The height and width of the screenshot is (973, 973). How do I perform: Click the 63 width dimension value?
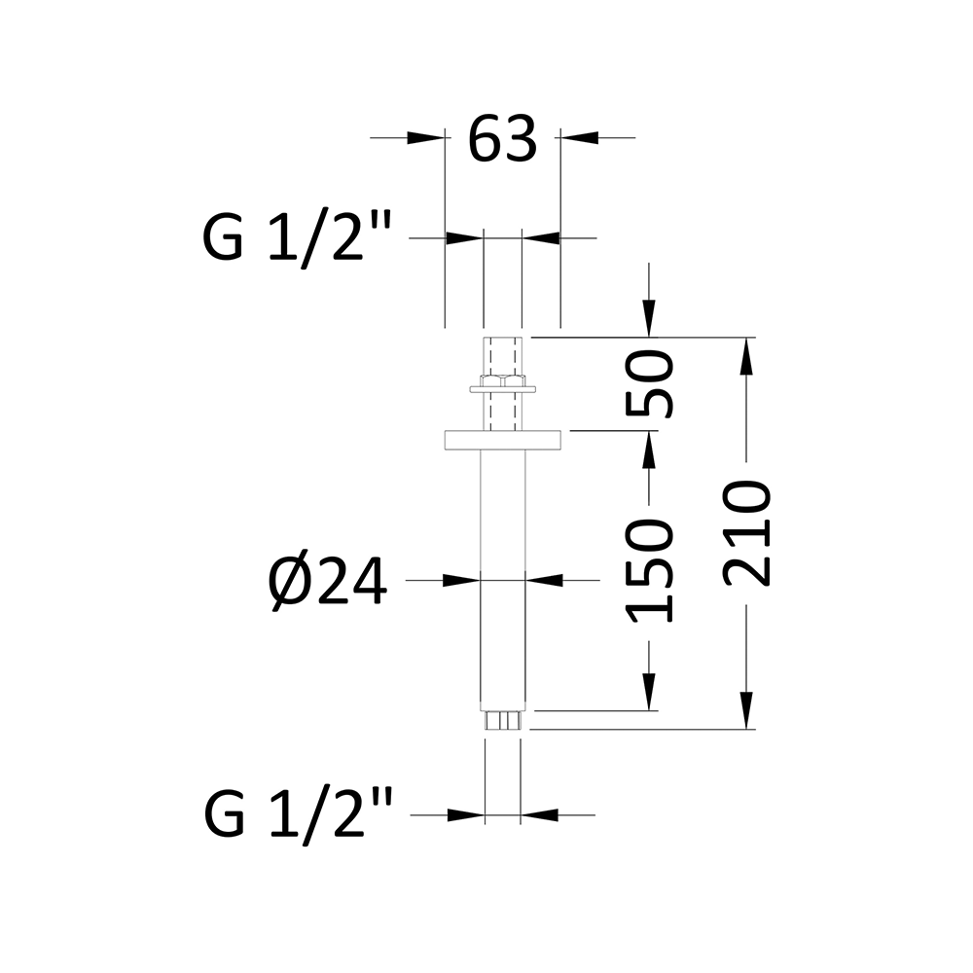tap(502, 139)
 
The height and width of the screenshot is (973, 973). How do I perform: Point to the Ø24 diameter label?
tap(329, 584)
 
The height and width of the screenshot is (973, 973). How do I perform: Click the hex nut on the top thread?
tap(503, 378)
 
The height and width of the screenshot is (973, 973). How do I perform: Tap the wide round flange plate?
tap(503, 440)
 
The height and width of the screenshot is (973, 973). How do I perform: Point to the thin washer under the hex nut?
tap(503, 391)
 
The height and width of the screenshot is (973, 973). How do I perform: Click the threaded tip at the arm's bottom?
tap(503, 721)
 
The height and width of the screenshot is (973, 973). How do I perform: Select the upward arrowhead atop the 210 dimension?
tap(747, 356)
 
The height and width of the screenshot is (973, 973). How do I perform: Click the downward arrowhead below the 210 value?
tap(747, 710)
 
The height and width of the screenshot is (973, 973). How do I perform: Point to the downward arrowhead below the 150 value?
tap(650, 693)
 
